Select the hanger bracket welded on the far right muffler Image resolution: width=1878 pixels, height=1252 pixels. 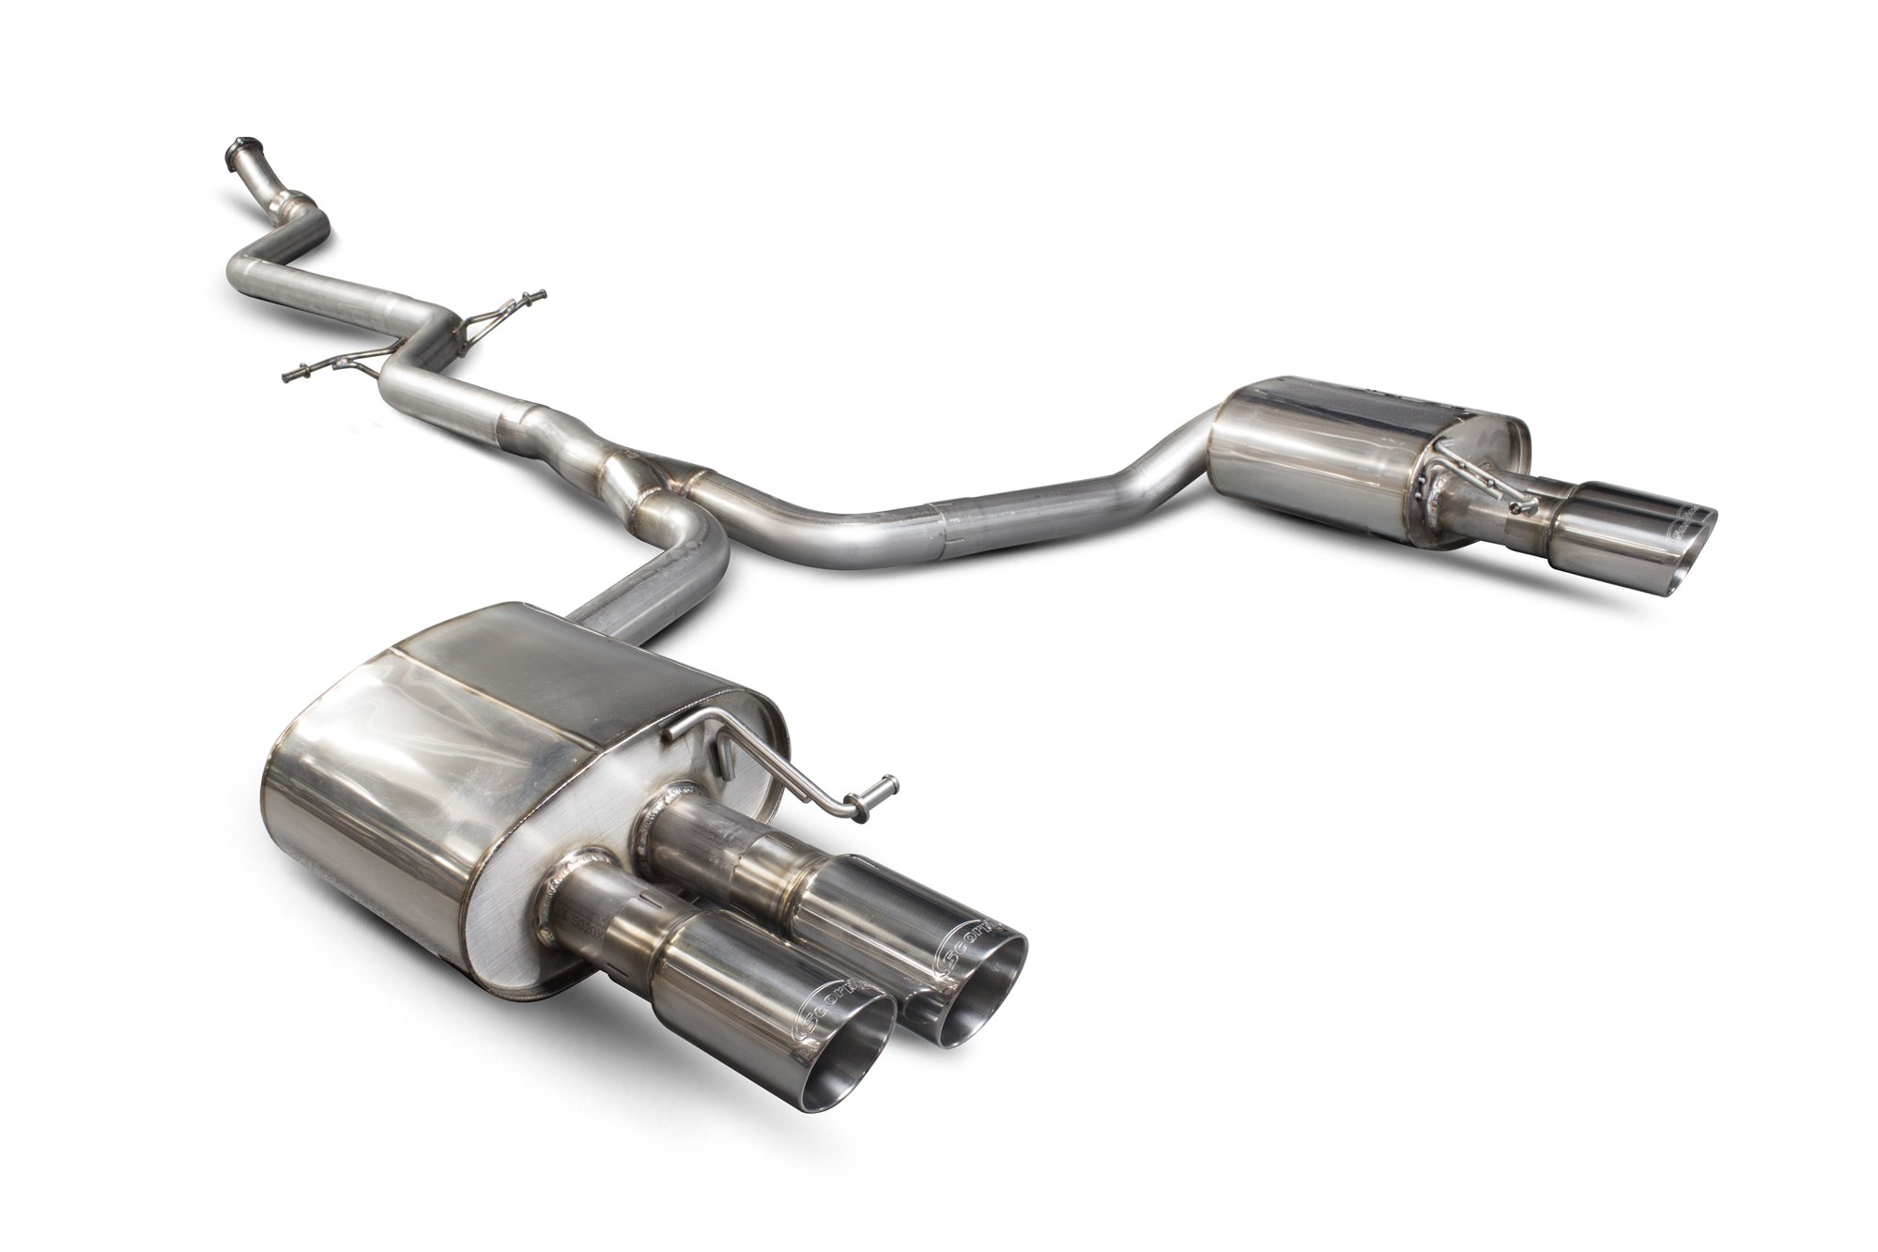[1474, 479]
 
